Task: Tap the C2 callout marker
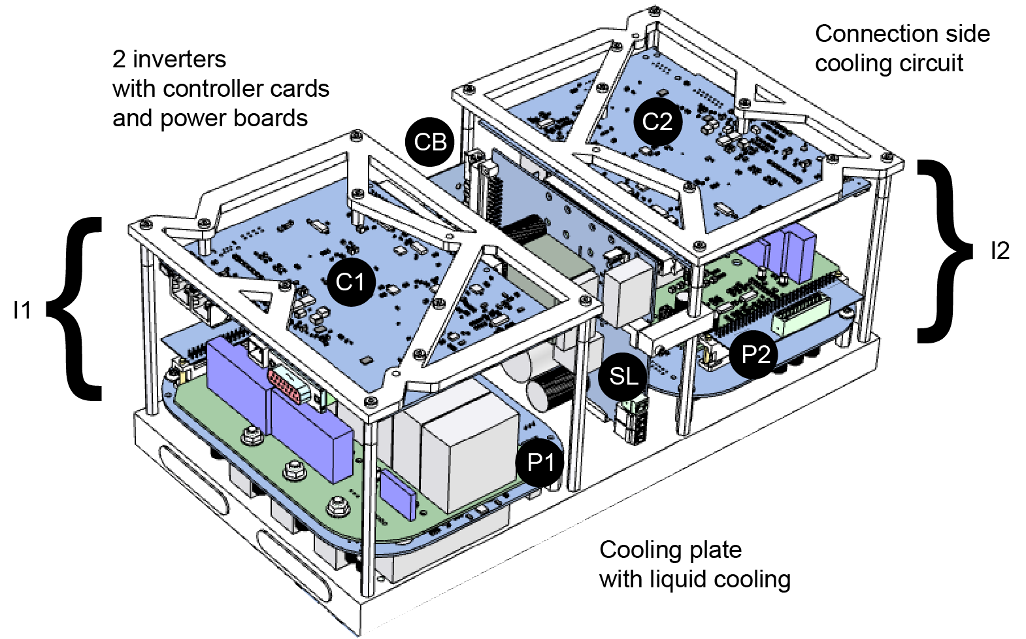(x=657, y=122)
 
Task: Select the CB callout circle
(x=430, y=142)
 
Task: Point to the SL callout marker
(x=623, y=375)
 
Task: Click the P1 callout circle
(x=540, y=462)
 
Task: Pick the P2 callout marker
(x=755, y=354)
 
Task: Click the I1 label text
(x=22, y=309)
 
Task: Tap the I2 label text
(x=999, y=250)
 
